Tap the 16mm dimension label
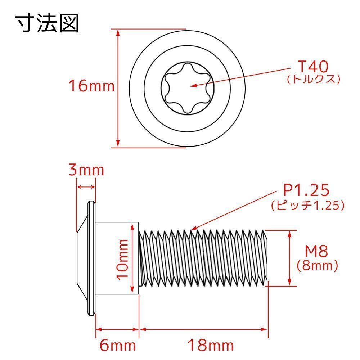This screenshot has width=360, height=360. point(91,86)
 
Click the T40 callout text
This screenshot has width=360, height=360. point(313,67)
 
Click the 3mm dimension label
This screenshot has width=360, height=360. point(86,170)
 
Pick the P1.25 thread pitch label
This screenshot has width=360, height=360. point(307,191)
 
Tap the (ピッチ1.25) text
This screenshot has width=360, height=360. point(308,206)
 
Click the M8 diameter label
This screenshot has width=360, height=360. point(316,252)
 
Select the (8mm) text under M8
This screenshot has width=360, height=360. point(317,266)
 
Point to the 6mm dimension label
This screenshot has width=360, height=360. point(118,346)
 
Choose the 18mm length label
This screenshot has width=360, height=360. point(211,346)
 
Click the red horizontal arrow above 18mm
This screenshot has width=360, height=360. point(204,329)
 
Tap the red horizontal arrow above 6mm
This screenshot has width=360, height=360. point(117,329)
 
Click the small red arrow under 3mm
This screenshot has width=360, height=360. point(86,187)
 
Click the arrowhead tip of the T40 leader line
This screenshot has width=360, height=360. point(191,86)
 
